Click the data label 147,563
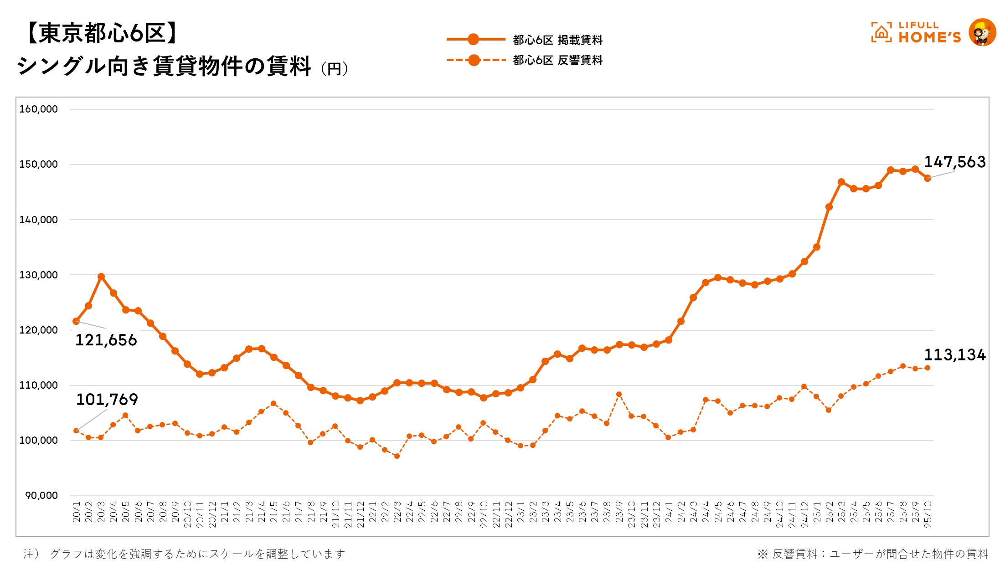[x=954, y=162]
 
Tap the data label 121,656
[x=106, y=340]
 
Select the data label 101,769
[x=107, y=400]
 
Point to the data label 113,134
[x=954, y=355]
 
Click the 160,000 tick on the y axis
[x=38, y=109]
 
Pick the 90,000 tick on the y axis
[x=41, y=496]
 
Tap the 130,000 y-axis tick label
[x=38, y=275]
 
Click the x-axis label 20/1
[x=77, y=512]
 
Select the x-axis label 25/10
[x=928, y=514]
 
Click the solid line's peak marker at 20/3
[x=101, y=277]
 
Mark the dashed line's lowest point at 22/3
[x=397, y=456]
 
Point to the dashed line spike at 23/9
[x=619, y=394]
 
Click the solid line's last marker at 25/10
[x=927, y=178]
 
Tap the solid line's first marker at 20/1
[x=76, y=321]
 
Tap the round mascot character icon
[x=982, y=32]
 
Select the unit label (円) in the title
[x=335, y=69]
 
